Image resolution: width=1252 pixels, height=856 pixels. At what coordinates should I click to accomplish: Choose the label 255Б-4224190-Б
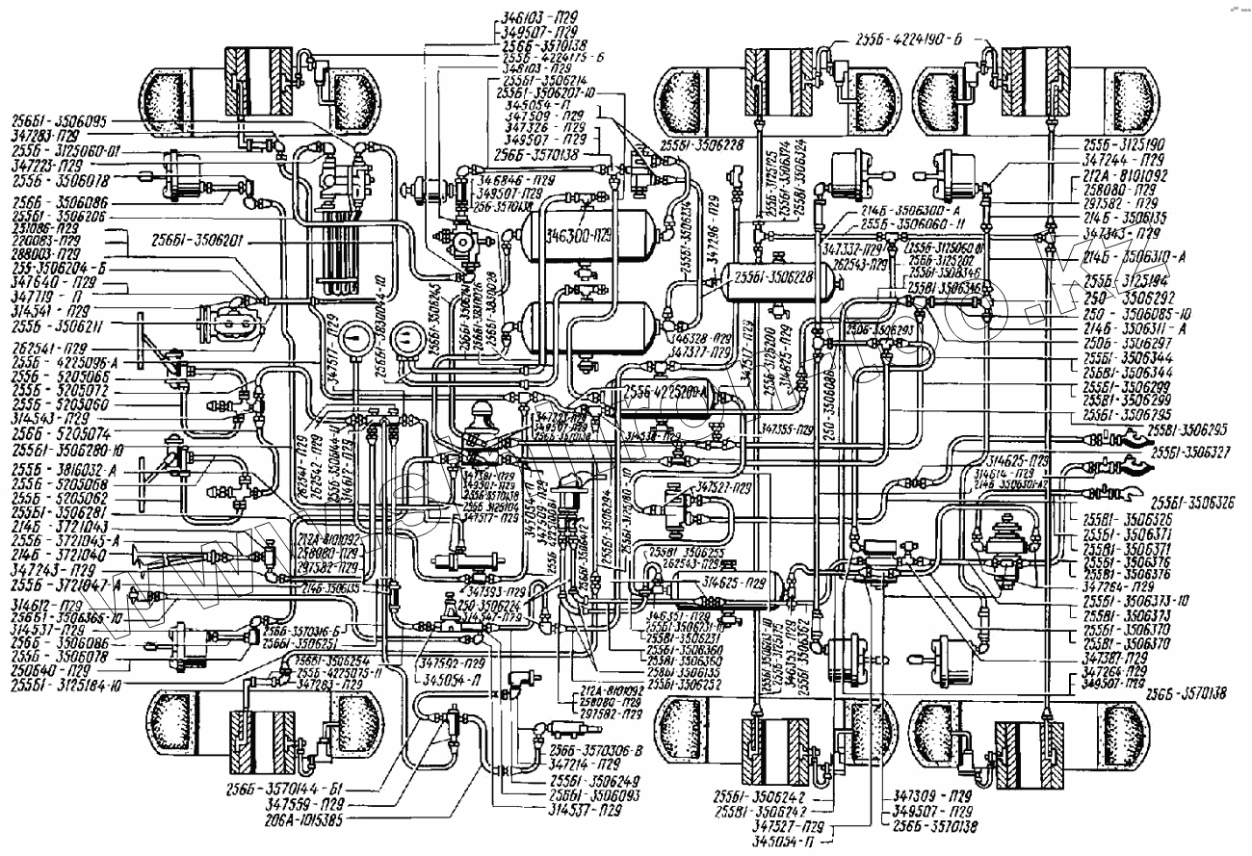coord(911,40)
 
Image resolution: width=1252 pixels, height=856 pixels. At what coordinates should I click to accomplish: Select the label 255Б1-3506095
coord(58,121)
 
